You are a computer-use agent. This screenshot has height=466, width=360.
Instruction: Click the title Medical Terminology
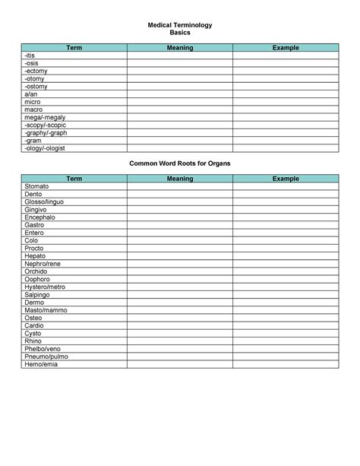[180, 25]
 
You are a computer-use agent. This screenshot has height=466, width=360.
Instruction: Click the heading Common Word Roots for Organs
[180, 163]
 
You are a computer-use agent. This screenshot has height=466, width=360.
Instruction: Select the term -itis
[30, 55]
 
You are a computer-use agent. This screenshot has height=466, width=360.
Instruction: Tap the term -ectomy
[36, 71]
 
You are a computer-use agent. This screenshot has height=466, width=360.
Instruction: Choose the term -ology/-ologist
[45, 148]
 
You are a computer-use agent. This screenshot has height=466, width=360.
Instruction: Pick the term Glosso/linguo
[44, 201]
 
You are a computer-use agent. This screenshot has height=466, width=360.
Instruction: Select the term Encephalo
[40, 217]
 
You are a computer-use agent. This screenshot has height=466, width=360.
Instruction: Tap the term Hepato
[36, 256]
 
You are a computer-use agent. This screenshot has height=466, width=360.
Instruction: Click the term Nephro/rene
[43, 264]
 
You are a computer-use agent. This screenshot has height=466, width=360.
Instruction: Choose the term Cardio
[35, 326]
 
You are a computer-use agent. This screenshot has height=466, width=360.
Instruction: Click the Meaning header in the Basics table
[180, 48]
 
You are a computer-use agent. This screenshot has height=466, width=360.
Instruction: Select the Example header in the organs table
[286, 179]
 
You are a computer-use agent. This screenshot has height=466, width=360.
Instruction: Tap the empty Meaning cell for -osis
[180, 63]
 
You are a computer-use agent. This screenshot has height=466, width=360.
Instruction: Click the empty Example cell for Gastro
[286, 225]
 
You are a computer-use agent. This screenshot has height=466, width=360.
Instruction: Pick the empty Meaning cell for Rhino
[180, 341]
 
